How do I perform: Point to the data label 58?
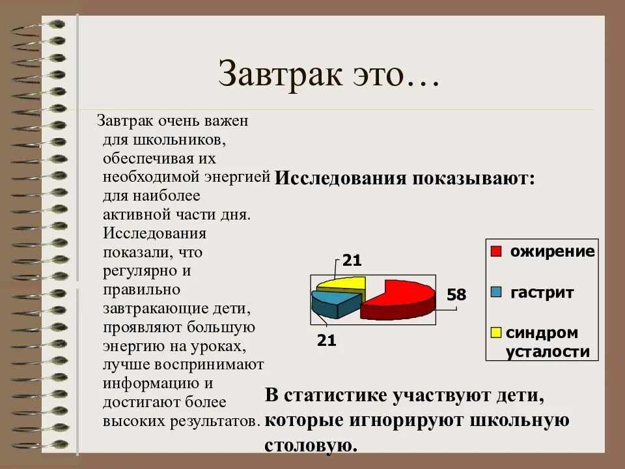tap(456, 295)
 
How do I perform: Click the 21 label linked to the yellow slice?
tap(352, 261)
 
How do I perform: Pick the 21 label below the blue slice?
tap(326, 339)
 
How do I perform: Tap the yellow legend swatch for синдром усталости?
tap(496, 333)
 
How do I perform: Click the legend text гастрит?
tap(542, 292)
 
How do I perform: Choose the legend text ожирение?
tap(552, 252)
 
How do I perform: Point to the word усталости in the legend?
tap(548, 352)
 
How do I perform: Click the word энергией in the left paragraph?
tap(237, 177)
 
